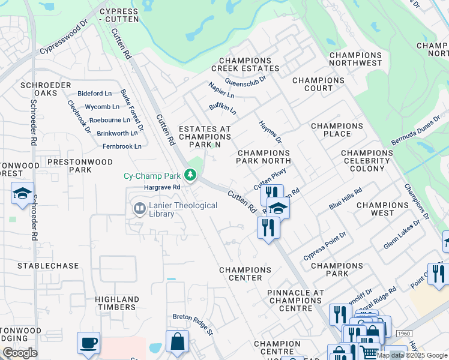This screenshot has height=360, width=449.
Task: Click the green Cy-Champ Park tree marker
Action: coord(190,175)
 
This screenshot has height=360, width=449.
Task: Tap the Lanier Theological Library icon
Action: coord(139,208)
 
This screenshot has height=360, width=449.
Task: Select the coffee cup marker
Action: coord(89,343)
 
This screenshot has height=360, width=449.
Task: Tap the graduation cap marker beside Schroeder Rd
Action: coord(22,194)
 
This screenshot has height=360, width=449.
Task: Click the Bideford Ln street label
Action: coord(95,94)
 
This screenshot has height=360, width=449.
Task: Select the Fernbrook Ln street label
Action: coord(121,146)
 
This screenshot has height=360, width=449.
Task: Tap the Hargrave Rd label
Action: coord(162,187)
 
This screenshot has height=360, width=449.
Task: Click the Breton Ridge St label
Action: coord(193,324)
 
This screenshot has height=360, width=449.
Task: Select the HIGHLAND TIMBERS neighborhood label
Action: coord(116,303)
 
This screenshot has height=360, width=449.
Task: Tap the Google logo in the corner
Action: coord(19,353)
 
